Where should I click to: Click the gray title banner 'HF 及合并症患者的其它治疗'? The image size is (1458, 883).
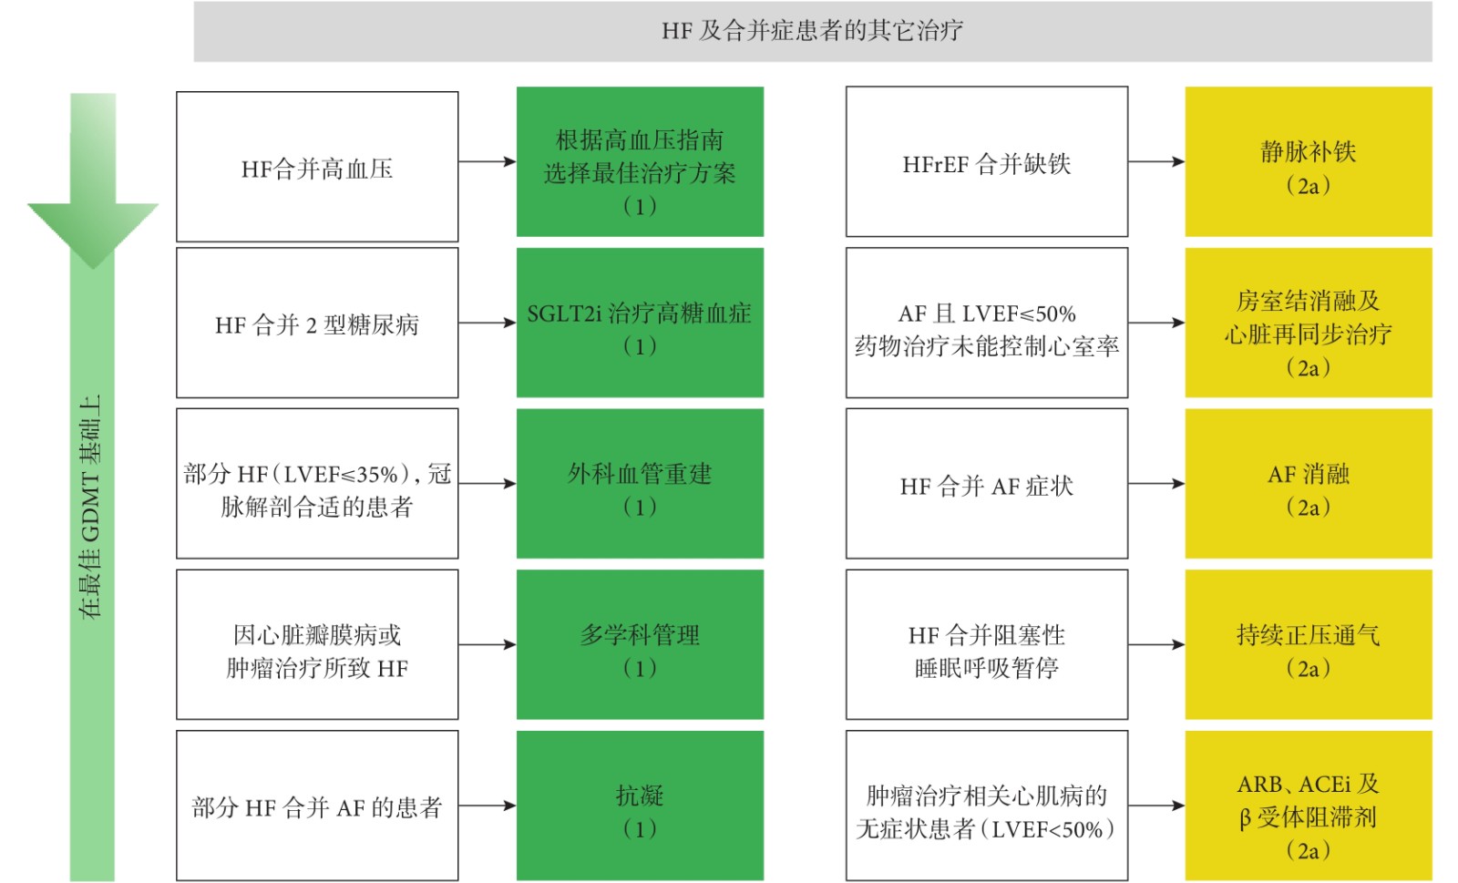(812, 31)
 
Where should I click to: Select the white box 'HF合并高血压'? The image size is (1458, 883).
(317, 167)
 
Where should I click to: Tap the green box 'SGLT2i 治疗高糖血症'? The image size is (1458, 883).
(640, 323)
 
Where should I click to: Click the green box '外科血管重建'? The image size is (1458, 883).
(640, 484)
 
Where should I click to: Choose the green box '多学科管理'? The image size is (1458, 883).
(640, 644)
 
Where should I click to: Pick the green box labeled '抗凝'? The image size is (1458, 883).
(640, 806)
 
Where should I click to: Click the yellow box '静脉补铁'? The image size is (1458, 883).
(1309, 161)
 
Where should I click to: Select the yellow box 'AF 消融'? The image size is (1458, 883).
(1309, 484)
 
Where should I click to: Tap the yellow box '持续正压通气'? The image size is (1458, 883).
(1309, 644)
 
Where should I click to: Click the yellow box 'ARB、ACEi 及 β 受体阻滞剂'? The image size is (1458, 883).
(1309, 806)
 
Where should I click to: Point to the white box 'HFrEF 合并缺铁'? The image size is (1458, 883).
(987, 161)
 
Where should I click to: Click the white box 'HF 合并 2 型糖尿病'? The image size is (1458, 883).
(317, 323)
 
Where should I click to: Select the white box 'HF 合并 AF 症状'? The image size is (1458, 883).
(987, 484)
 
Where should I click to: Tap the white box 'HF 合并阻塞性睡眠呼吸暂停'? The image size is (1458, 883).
(987, 644)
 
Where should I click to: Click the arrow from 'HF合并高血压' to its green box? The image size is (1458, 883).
(488, 161)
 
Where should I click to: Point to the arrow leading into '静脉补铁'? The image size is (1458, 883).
(1156, 161)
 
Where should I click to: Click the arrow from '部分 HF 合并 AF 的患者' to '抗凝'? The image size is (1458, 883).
(488, 806)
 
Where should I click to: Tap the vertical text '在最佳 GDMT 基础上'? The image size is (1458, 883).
(90, 507)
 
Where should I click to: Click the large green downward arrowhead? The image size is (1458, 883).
(92, 235)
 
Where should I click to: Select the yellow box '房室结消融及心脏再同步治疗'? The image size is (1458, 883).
(1309, 323)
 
